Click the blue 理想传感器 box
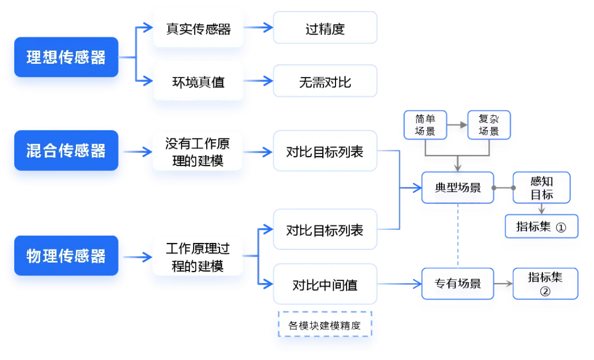point(67,57)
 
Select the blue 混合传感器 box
point(67,151)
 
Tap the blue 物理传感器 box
point(67,256)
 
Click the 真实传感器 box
point(198,29)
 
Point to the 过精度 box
point(325,27)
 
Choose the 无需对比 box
point(325,81)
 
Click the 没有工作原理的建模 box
point(197,152)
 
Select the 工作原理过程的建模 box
point(197,257)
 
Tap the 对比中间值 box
point(325,284)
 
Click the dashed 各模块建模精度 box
point(325,324)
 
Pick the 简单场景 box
point(425,125)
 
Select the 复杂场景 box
point(489,125)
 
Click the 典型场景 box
point(458,188)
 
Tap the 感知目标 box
point(542,188)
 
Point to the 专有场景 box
point(458,284)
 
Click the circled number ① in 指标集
point(561,227)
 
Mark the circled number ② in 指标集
point(545,291)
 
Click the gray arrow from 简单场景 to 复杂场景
point(457,125)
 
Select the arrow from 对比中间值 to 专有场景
point(399,284)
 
